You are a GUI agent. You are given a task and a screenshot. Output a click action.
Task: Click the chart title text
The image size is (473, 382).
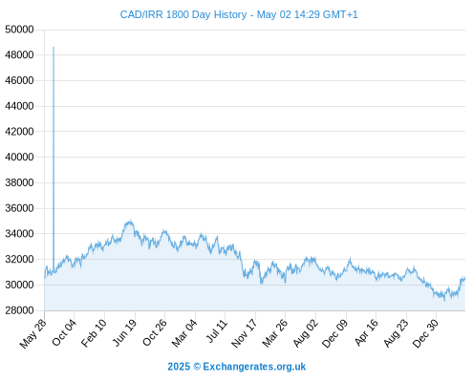coord(239,14)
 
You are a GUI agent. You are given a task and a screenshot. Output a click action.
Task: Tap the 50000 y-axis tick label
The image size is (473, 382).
coord(19,30)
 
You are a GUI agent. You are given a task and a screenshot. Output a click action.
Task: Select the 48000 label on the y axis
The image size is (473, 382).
coord(19,55)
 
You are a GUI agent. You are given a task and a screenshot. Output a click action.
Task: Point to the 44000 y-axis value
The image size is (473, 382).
coord(19,106)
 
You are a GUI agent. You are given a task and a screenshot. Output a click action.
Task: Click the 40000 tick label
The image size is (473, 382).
coord(19,158)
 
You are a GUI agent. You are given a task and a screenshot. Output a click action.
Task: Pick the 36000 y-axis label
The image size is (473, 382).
coord(19,208)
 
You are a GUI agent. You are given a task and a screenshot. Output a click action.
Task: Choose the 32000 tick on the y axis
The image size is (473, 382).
coord(19,260)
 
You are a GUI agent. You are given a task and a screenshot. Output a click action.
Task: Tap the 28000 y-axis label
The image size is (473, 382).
coord(19,310)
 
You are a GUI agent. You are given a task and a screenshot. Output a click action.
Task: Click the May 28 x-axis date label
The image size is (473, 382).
coord(33,333)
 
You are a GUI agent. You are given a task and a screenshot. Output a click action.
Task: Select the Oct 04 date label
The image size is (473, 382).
coord(64,332)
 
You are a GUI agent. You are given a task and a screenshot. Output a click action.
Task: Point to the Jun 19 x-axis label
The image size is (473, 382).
coord(124,332)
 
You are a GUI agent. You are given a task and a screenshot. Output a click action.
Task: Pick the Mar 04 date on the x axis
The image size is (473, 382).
coord(184,333)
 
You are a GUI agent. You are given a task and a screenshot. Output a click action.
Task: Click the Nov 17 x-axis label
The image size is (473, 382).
coord(244,333)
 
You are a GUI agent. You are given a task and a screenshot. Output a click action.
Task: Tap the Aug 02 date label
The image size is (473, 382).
coord(306,333)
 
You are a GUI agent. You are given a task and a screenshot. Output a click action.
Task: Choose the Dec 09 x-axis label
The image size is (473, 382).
coord(335,333)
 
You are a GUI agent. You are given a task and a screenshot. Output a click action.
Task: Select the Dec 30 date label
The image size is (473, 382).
coord(425,333)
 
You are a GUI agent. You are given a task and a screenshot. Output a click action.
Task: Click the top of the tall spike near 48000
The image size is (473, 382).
coord(54,48)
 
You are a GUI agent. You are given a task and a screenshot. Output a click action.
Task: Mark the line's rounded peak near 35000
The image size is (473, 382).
coord(129,222)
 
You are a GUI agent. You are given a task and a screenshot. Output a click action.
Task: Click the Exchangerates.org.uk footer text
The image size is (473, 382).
coord(254,367)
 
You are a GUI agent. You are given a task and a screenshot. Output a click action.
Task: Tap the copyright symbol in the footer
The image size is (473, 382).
coord(197,367)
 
